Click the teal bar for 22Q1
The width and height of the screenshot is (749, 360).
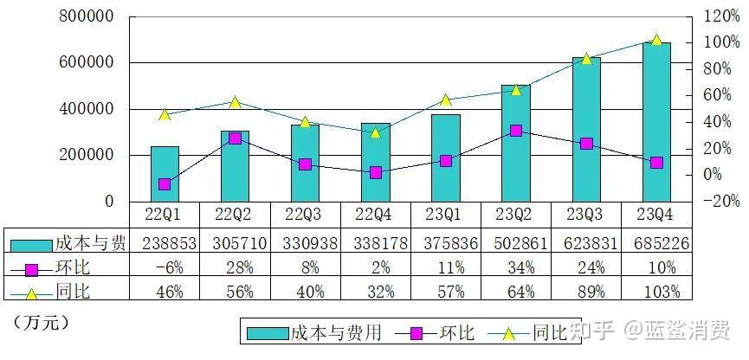[165, 174]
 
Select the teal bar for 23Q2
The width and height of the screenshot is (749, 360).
[515, 143]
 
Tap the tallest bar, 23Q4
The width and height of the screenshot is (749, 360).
[656, 122]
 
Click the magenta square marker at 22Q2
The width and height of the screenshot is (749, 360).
[235, 138]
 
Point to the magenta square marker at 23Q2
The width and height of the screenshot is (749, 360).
[516, 131]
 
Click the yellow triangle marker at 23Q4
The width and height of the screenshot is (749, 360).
[656, 40]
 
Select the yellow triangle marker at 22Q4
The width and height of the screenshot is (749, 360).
[375, 132]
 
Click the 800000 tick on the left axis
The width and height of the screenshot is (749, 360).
[87, 16]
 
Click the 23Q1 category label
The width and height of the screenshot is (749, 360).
[445, 213]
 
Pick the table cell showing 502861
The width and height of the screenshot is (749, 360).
[515, 244]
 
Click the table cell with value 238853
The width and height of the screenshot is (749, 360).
[165, 244]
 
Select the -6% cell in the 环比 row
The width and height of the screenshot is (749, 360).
[165, 268]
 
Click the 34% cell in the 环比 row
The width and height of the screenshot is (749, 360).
[515, 268]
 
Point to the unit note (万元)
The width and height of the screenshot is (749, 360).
[41, 322]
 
